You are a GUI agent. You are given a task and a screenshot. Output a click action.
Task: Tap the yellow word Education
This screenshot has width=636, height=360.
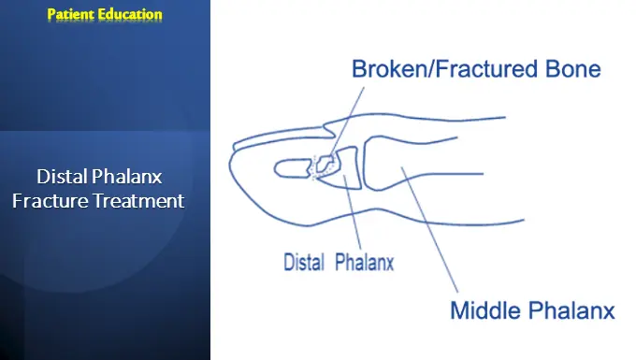coord(131,14)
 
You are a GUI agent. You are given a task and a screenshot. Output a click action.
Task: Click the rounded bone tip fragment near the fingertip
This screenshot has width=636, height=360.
coord(292,169)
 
